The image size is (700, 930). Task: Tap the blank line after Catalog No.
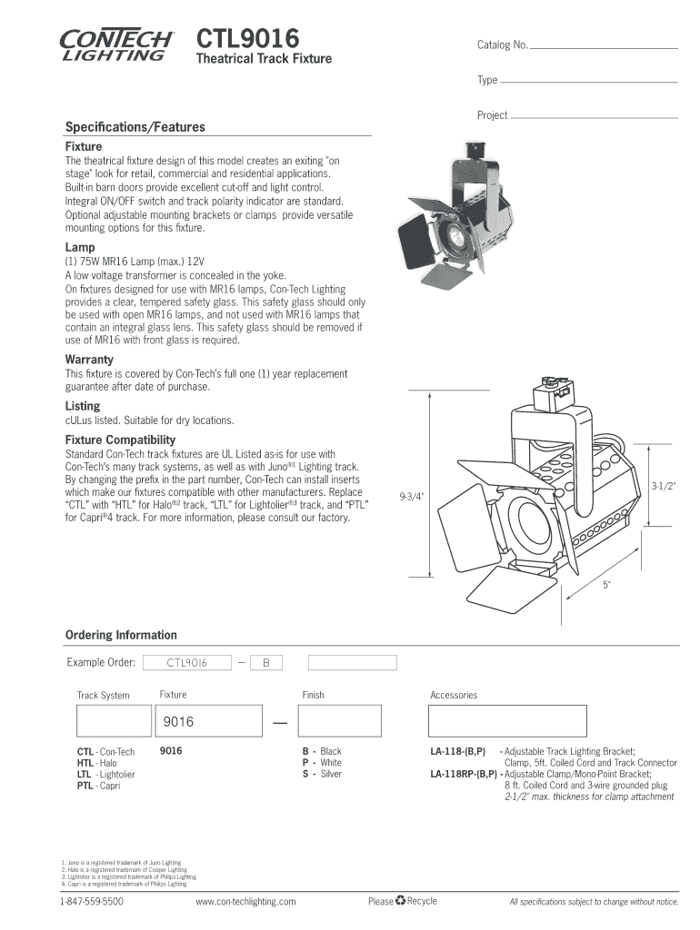click(x=605, y=46)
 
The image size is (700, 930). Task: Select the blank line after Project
click(x=595, y=117)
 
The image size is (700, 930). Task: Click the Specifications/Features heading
click(x=135, y=127)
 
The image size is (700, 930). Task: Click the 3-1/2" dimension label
click(x=664, y=488)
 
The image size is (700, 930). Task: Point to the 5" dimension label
click(x=606, y=585)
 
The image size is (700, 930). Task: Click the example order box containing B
click(x=266, y=663)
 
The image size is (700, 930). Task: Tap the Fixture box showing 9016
click(x=206, y=722)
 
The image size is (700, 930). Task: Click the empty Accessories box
click(x=507, y=722)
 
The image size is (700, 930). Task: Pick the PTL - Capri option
click(x=98, y=786)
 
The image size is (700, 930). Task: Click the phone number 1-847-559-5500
click(x=92, y=902)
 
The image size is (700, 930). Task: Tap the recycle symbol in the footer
click(x=400, y=901)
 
